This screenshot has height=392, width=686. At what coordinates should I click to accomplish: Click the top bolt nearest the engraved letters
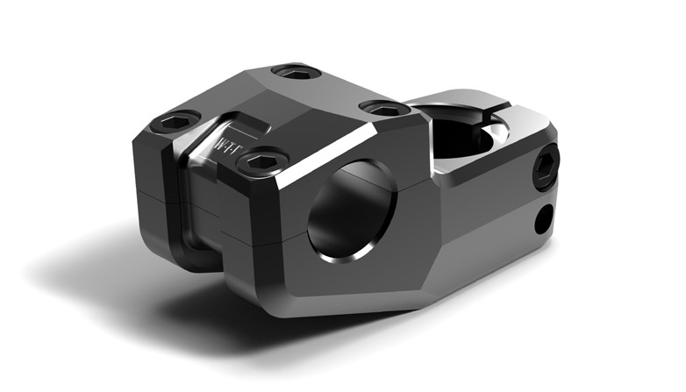pyautogui.click(x=262, y=161)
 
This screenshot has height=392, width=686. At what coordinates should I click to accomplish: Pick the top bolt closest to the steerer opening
pyautogui.click(x=384, y=108)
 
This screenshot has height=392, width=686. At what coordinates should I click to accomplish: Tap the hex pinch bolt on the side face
pyautogui.click(x=547, y=167)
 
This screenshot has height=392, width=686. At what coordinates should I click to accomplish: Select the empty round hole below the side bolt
pyautogui.click(x=545, y=217)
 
